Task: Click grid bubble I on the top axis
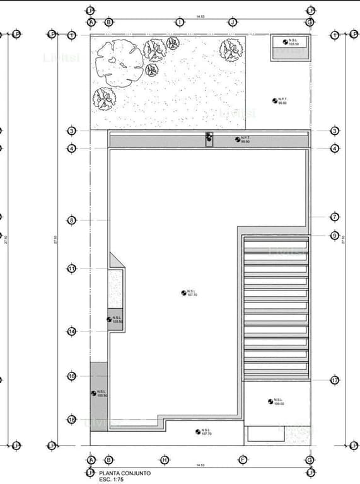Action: (181, 22)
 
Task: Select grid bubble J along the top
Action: (233, 22)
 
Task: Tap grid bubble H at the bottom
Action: (165, 459)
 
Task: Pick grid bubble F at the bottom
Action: (242, 459)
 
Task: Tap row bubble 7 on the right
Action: (335, 217)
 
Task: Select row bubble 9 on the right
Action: (335, 236)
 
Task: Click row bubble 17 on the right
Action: (335, 380)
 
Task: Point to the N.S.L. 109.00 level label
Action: (277, 401)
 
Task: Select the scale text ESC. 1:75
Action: (112, 478)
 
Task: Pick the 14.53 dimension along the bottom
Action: (200, 465)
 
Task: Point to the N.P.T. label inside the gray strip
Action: (245, 139)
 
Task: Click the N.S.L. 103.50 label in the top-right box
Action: (292, 42)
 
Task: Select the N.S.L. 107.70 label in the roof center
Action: (192, 292)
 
